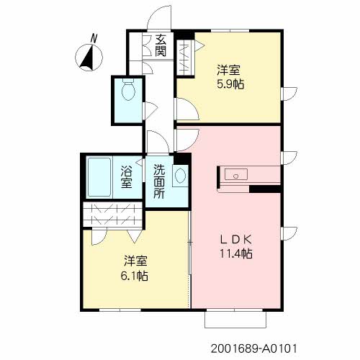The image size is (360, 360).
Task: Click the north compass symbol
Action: point(89,58)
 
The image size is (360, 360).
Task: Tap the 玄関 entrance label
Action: point(161,45)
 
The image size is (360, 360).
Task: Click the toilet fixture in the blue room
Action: point(129,89)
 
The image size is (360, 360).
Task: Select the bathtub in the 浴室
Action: point(99,177)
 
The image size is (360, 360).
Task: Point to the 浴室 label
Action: point(127,177)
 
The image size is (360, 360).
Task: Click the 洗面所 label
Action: point(159,181)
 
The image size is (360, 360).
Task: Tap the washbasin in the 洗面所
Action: point(180,176)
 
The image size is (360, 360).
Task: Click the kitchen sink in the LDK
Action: point(236,174)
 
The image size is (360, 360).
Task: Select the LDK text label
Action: point(236,239)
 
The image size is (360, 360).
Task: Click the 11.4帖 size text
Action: point(236,253)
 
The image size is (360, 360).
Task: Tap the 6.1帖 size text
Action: point(134,276)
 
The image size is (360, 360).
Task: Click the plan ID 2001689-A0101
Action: point(254,348)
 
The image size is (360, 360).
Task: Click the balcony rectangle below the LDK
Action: point(235,319)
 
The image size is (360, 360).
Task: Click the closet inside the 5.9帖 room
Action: point(185,58)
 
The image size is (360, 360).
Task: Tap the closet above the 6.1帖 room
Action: point(112,214)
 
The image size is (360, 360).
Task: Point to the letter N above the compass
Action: point(94,38)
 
